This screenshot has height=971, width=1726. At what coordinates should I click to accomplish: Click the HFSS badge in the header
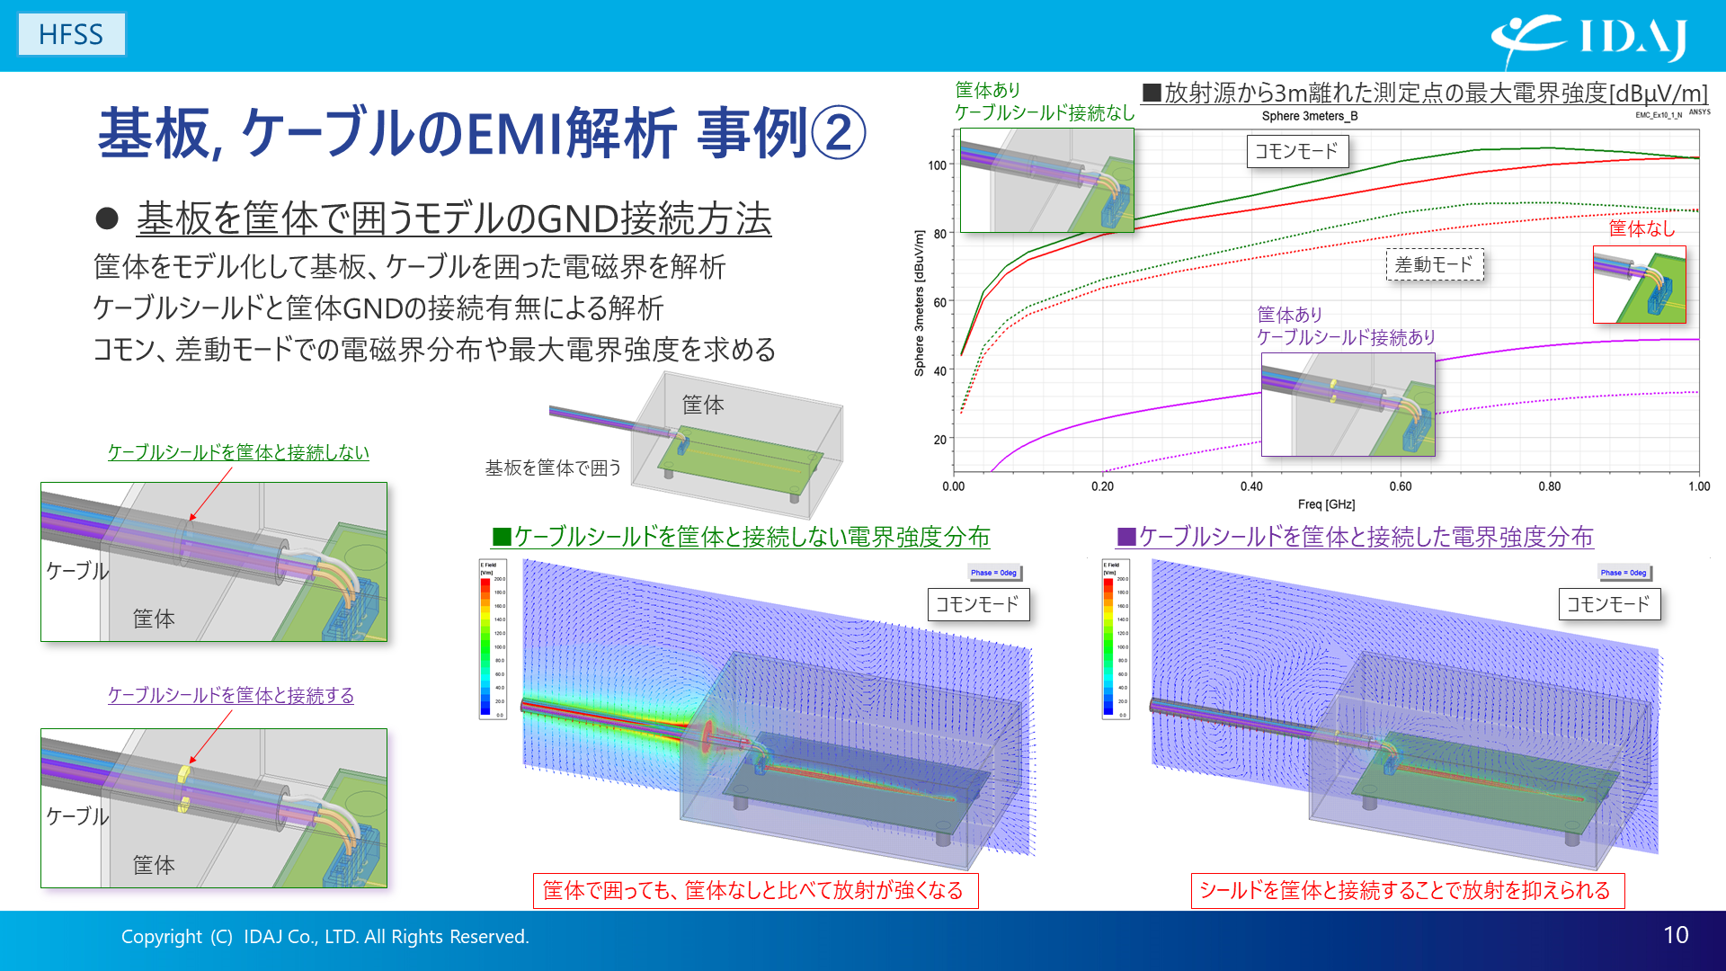(71, 34)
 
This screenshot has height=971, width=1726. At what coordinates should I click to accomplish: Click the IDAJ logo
(1588, 38)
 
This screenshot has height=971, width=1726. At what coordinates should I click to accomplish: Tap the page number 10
(1675, 935)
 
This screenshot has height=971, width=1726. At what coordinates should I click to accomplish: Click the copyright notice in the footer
(325, 937)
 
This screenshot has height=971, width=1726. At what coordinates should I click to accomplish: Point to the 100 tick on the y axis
(937, 165)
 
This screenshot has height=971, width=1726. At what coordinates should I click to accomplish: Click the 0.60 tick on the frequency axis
(1400, 486)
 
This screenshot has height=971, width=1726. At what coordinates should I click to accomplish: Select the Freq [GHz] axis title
(1326, 504)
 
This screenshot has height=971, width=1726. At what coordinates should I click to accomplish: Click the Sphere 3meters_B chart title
(1309, 116)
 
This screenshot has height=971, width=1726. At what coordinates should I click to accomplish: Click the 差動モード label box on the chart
(1434, 265)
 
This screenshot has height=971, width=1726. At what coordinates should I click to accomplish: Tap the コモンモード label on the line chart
(1296, 151)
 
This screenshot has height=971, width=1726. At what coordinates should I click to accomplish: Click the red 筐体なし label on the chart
(1641, 228)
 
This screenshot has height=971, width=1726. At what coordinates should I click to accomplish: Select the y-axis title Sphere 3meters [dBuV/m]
(919, 303)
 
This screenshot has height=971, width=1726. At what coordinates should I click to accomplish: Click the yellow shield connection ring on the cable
(185, 773)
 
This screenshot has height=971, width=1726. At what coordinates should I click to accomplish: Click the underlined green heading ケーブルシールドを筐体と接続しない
(238, 452)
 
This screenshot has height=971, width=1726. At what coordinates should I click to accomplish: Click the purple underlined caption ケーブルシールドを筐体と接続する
(230, 695)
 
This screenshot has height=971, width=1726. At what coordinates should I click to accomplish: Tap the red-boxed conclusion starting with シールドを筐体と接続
(1406, 890)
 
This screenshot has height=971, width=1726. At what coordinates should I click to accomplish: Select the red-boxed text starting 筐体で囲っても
(754, 890)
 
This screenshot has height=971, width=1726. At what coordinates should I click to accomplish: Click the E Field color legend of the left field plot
(492, 639)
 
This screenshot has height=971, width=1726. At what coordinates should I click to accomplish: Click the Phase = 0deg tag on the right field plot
(1624, 573)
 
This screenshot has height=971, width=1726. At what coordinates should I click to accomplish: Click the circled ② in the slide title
(838, 133)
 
